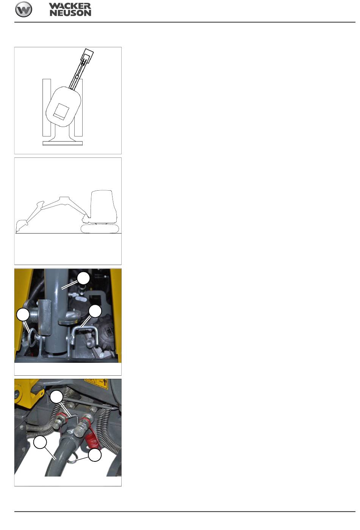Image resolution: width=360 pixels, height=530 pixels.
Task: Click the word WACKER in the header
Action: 70,6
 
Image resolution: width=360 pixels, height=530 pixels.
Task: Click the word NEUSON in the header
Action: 70,13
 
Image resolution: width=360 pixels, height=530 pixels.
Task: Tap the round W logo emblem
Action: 23,9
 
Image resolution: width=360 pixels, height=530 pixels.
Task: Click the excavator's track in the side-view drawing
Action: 100,229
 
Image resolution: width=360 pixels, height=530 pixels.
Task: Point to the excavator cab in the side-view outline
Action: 103,206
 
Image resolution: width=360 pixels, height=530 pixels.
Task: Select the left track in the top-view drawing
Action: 47,108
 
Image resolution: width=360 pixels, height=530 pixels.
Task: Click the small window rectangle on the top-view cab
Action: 61,112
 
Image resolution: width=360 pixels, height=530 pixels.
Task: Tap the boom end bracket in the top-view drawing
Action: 87,55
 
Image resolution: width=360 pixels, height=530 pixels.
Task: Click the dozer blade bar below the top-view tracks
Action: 63,143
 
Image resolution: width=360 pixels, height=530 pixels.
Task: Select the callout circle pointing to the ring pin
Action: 23,315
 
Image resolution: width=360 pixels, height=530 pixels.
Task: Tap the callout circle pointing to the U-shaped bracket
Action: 95,311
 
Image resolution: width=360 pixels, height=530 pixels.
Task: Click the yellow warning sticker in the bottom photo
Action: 96,384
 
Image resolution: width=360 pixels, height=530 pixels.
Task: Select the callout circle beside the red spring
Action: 95,455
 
